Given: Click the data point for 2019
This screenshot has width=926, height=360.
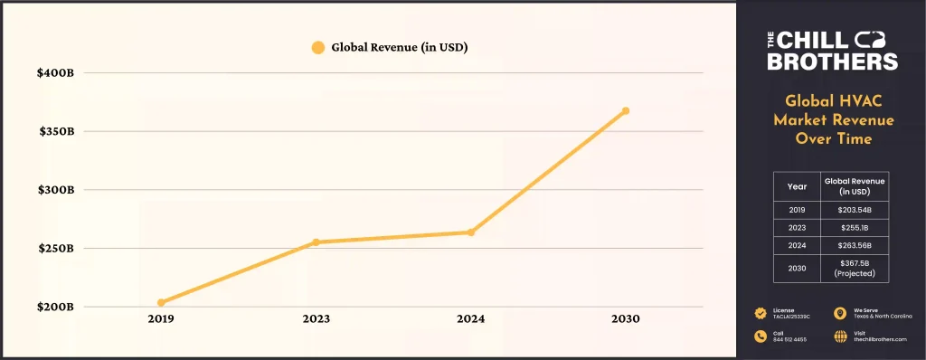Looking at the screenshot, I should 161,302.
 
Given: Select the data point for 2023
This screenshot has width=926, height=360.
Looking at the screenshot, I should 316,242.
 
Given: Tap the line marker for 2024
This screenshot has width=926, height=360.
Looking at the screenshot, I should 471,232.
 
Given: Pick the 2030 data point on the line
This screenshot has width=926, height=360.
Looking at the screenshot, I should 625,111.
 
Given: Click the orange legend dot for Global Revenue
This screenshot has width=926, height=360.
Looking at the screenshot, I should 317,47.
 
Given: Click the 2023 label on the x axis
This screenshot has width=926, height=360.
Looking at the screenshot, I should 316,319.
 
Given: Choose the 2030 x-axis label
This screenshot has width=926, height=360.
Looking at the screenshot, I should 625,319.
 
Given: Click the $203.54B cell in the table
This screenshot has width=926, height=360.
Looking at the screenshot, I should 853,209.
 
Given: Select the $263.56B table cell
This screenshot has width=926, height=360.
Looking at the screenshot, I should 853,245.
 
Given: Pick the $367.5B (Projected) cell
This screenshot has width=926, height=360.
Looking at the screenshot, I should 853,268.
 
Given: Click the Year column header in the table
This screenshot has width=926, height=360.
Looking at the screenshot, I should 797,185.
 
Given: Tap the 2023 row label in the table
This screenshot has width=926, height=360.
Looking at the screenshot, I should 797,227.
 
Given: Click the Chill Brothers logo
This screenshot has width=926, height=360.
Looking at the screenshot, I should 832,50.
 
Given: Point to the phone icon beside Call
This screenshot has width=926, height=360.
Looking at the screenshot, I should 760,335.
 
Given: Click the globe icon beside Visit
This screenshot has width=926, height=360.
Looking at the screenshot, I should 840,335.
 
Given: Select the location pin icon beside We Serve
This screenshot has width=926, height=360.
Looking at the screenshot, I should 840,313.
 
